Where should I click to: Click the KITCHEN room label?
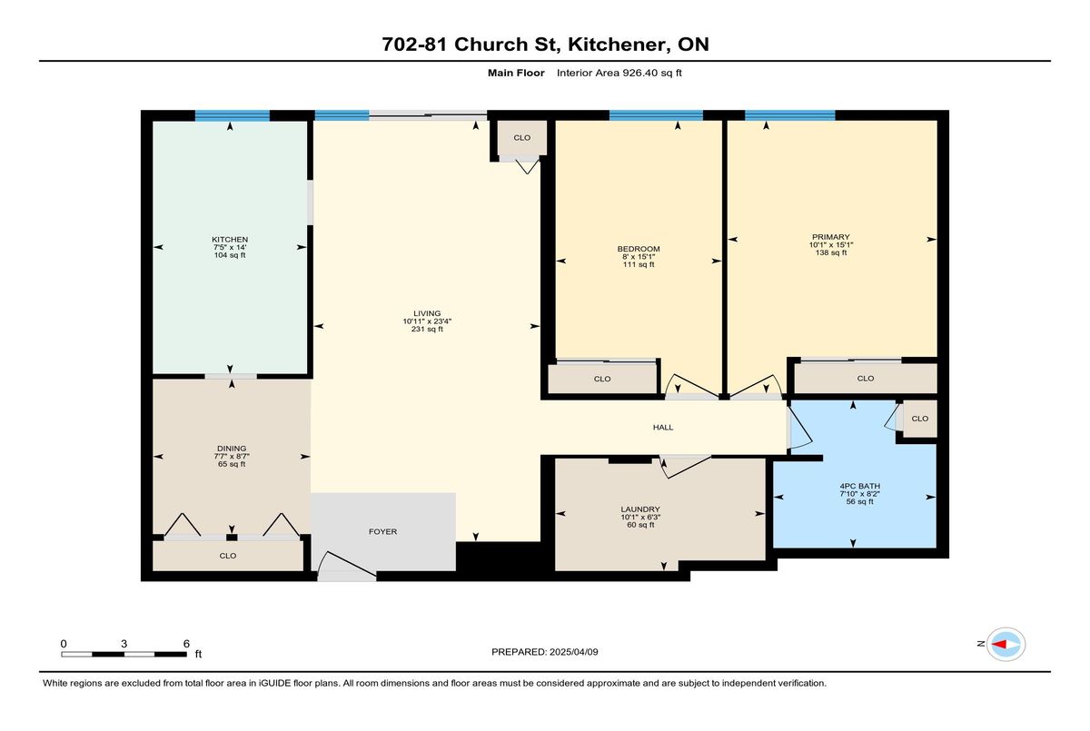[230, 240]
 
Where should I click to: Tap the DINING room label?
[232, 449]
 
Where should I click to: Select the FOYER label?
[382, 531]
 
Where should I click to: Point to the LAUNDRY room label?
[640, 509]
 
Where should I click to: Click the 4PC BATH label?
[860, 486]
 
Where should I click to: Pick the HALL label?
[663, 428]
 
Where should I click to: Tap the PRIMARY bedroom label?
[830, 237]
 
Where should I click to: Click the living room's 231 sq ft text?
[427, 330]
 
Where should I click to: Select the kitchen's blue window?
[233, 115]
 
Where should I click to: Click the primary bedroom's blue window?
[789, 115]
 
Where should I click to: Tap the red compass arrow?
[999, 644]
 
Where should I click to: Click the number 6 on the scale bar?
[186, 644]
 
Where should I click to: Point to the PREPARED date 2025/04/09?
[574, 652]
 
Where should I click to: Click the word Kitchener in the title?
[617, 44]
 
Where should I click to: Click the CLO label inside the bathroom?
[919, 419]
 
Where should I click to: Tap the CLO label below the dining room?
[228, 556]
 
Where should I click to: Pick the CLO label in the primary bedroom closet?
[865, 379]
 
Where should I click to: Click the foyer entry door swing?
[346, 564]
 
